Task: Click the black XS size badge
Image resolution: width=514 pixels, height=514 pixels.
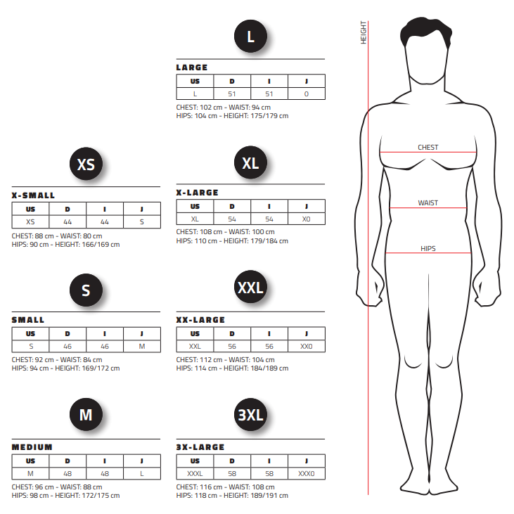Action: point(86,164)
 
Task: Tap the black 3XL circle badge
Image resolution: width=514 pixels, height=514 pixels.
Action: point(250,415)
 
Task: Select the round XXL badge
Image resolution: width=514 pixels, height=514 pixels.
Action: point(250,287)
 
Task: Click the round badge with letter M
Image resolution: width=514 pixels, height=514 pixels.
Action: point(86,415)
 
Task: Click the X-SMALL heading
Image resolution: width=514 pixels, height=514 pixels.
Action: point(33,195)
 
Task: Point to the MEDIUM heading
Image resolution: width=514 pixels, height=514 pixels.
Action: point(32,447)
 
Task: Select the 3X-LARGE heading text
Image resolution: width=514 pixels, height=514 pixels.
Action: point(200,447)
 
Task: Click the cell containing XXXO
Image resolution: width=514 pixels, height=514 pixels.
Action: point(307,474)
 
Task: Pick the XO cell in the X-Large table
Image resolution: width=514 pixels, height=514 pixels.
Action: point(307,219)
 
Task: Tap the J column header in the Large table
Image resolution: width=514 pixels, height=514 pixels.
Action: point(307,82)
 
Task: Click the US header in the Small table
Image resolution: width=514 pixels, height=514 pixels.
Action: point(30,334)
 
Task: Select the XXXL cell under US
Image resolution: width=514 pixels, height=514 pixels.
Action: point(195,474)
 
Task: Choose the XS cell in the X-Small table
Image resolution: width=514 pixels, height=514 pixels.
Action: point(30,222)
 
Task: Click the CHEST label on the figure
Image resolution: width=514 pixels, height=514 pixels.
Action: point(428,148)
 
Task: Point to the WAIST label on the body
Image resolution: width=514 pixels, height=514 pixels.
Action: point(428,203)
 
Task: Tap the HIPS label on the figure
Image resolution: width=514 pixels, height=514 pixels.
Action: point(428,248)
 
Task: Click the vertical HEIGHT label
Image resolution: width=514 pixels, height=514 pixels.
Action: point(364,32)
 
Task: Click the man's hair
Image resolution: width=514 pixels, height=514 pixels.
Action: point(426,31)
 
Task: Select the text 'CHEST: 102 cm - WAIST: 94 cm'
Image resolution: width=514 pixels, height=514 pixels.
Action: point(223,107)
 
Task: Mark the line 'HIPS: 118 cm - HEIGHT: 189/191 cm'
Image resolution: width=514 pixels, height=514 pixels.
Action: point(232,495)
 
